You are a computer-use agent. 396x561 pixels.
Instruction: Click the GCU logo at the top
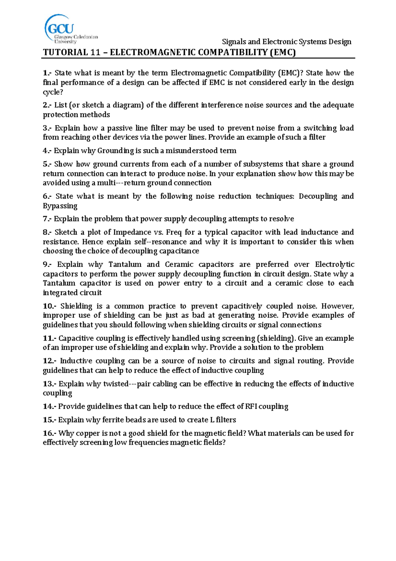click(70, 29)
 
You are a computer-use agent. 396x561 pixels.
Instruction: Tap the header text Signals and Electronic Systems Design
click(286, 42)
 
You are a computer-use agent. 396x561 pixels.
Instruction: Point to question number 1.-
click(47, 73)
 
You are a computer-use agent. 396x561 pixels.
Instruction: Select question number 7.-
click(47, 219)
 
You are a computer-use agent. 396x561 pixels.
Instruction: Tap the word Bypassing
click(60, 206)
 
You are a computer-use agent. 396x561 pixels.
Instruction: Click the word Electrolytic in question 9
click(334, 264)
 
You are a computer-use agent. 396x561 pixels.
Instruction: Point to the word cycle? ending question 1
click(53, 92)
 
